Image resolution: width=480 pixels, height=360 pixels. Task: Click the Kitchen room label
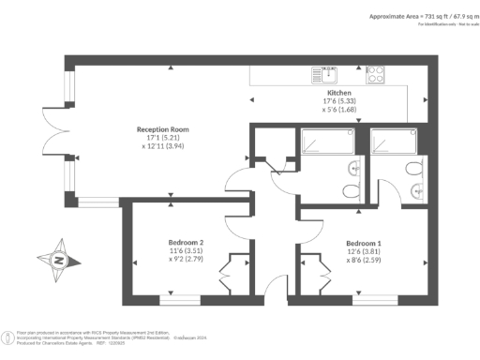(x=338, y=94)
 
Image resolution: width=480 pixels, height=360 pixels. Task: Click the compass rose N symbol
(x=57, y=259)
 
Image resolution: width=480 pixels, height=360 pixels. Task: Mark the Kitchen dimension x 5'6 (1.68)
(x=338, y=111)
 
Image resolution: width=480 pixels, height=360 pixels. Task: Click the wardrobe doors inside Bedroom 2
(x=229, y=279)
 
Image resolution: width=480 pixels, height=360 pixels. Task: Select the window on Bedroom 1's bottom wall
(x=374, y=298)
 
